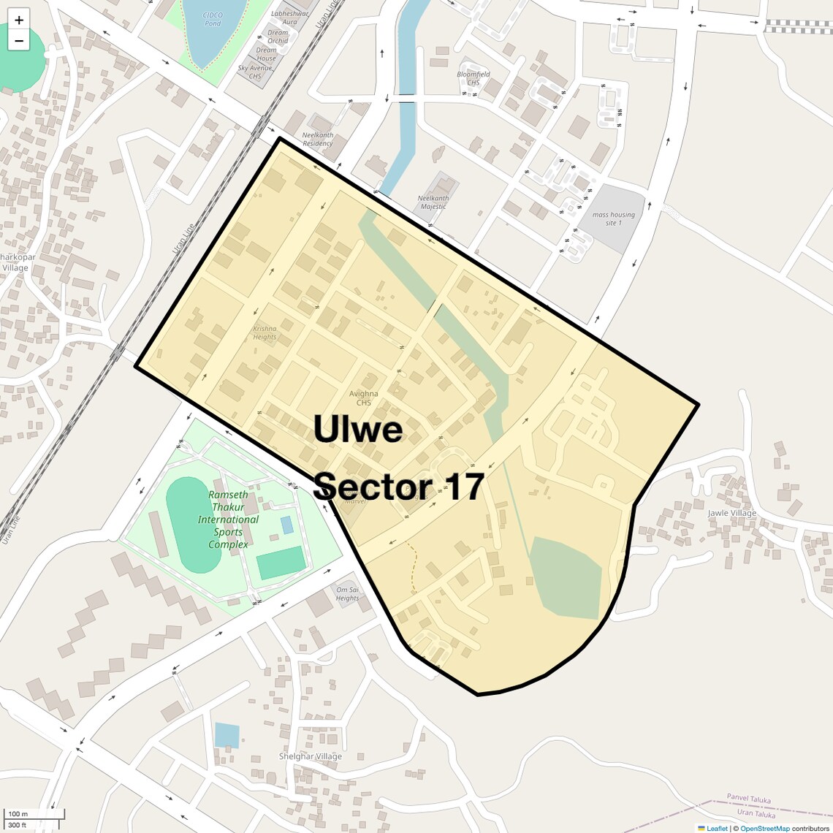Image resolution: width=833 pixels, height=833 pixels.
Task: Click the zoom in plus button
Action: pos(19,20)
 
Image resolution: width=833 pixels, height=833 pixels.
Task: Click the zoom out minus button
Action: pos(19,41)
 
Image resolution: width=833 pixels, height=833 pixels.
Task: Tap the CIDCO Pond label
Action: pos(212,19)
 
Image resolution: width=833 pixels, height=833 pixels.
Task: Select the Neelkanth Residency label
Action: pos(318,140)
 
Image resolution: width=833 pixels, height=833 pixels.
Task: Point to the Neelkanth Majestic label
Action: pos(433,202)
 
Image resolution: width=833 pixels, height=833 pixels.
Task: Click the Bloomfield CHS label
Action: pos(473,78)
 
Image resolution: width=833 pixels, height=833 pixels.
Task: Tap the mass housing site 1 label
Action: pos(614,218)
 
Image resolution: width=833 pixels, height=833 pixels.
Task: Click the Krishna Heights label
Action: pos(265,332)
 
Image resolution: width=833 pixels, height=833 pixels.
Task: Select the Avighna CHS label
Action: pos(364,398)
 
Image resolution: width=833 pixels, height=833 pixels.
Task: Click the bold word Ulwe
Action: pos(358,429)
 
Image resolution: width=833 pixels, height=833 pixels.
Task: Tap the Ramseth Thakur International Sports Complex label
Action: pos(228,520)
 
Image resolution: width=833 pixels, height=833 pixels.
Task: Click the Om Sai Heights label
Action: pos(347,593)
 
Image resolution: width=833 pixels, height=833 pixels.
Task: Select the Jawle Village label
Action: pos(732,513)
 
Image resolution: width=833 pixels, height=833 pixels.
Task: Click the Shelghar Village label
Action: pos(311,756)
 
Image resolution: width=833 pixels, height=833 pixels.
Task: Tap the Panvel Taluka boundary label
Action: pos(748,799)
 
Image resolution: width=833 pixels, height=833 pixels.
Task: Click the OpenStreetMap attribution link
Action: pos(764,828)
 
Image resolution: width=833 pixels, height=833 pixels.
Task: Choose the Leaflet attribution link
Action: pos(717,828)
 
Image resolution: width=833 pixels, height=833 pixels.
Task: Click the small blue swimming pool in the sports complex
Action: pos(287,525)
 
